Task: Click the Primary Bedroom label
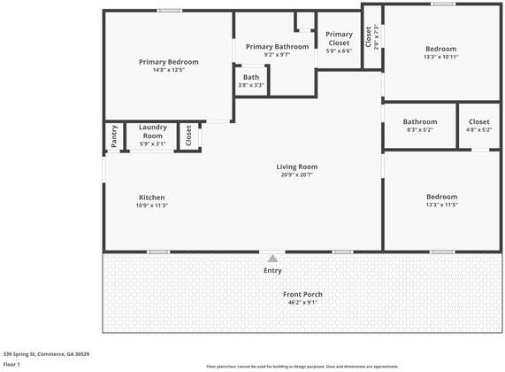coord(168,62)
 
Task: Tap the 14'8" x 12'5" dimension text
coord(168,71)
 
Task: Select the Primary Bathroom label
coord(277,47)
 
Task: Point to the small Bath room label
coord(252,77)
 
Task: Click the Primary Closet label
coord(338,38)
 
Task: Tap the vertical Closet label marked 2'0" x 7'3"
coord(368,36)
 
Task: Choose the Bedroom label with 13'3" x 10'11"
coord(440,49)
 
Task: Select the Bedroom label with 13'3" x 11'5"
coord(441,197)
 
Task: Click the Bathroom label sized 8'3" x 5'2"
coord(419,121)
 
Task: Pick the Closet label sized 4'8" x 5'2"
coord(478,121)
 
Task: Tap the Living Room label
coord(296,167)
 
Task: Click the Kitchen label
coord(151,198)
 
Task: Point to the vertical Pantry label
coord(114,136)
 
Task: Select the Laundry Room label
coord(153,131)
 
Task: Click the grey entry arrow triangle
coord(272,258)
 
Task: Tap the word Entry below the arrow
coord(272,270)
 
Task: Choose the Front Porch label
coord(302,294)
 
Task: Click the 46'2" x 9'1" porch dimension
coord(302,303)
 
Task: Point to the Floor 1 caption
coord(11,364)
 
